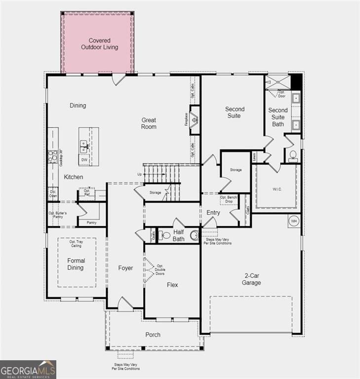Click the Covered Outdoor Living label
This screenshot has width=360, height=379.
pos(99,44)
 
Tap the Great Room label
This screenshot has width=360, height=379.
pos(149,123)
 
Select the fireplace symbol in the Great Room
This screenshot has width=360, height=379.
pos(195,119)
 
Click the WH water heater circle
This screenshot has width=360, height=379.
pos(294,220)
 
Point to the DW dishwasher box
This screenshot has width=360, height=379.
pos(84,160)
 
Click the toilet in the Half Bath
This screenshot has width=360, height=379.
pos(165,235)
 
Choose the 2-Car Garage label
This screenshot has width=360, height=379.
pos(251,279)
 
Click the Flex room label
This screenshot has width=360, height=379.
pos(172,285)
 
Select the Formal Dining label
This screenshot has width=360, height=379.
pos(76,264)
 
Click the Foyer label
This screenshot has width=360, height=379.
pos(125,268)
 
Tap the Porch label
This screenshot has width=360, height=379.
pos(153,335)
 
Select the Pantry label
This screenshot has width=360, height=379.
pos(91,223)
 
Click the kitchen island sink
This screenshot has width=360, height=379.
pos(84,146)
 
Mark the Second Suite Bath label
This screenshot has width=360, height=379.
pos(278,117)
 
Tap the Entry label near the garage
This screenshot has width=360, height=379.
pos(213,213)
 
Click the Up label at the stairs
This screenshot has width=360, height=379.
pos(140,174)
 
